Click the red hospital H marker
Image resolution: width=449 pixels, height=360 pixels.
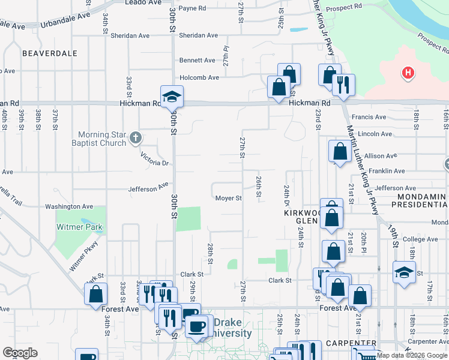[408, 74]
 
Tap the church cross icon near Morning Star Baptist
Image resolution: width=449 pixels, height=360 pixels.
[136, 138]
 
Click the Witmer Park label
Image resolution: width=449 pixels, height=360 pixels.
[79, 227]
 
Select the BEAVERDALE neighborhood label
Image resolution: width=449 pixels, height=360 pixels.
[50, 53]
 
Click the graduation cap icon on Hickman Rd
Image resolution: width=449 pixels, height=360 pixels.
[172, 96]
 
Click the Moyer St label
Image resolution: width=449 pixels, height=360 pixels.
[228, 198]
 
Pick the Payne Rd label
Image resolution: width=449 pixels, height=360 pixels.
[192, 8]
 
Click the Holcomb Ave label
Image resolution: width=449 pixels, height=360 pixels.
[200, 77]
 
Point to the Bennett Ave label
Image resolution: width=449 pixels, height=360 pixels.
[197, 61]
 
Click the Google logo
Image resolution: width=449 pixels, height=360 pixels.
[20, 353]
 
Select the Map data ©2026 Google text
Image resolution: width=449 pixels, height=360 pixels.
[411, 355]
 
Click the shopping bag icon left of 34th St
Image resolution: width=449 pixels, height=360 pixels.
[96, 295]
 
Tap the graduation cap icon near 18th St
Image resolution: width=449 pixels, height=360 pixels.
[404, 272]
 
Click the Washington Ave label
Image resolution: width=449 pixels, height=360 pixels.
[71, 206]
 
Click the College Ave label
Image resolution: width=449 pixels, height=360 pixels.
[424, 239]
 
